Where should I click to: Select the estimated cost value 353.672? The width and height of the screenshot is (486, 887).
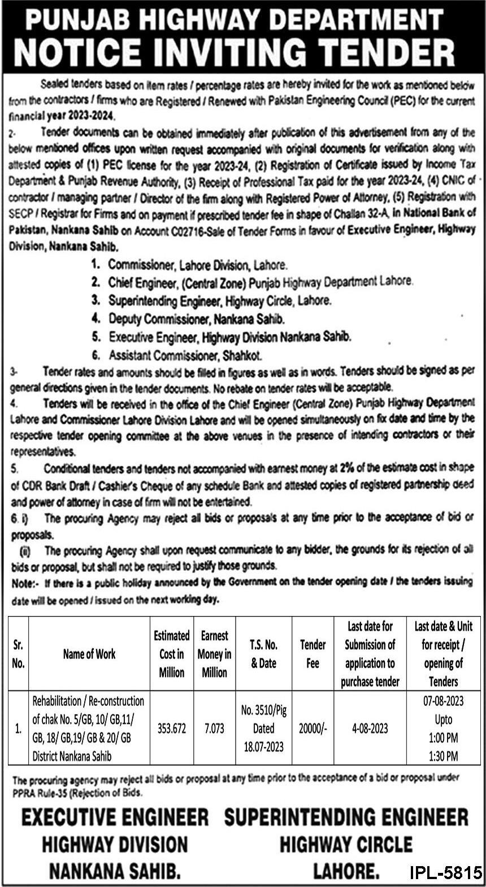(171, 728)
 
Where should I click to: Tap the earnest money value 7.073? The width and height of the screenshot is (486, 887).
(214, 728)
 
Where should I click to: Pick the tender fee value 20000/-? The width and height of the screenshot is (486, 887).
(313, 728)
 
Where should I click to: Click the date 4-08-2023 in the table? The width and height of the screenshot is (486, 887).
(370, 728)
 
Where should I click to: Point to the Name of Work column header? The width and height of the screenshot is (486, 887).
(89, 654)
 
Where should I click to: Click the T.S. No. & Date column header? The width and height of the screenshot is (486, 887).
(263, 654)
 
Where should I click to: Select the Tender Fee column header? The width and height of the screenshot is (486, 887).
(313, 654)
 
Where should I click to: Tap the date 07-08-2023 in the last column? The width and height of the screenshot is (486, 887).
(443, 701)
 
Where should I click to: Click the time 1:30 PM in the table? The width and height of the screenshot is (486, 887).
(443, 755)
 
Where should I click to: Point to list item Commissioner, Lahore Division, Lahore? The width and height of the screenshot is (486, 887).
(197, 264)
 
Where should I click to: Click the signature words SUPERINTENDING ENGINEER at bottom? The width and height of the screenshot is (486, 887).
(346, 818)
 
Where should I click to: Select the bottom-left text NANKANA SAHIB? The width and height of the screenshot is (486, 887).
(115, 871)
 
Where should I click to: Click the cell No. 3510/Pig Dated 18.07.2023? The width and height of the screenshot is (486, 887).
(263, 728)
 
